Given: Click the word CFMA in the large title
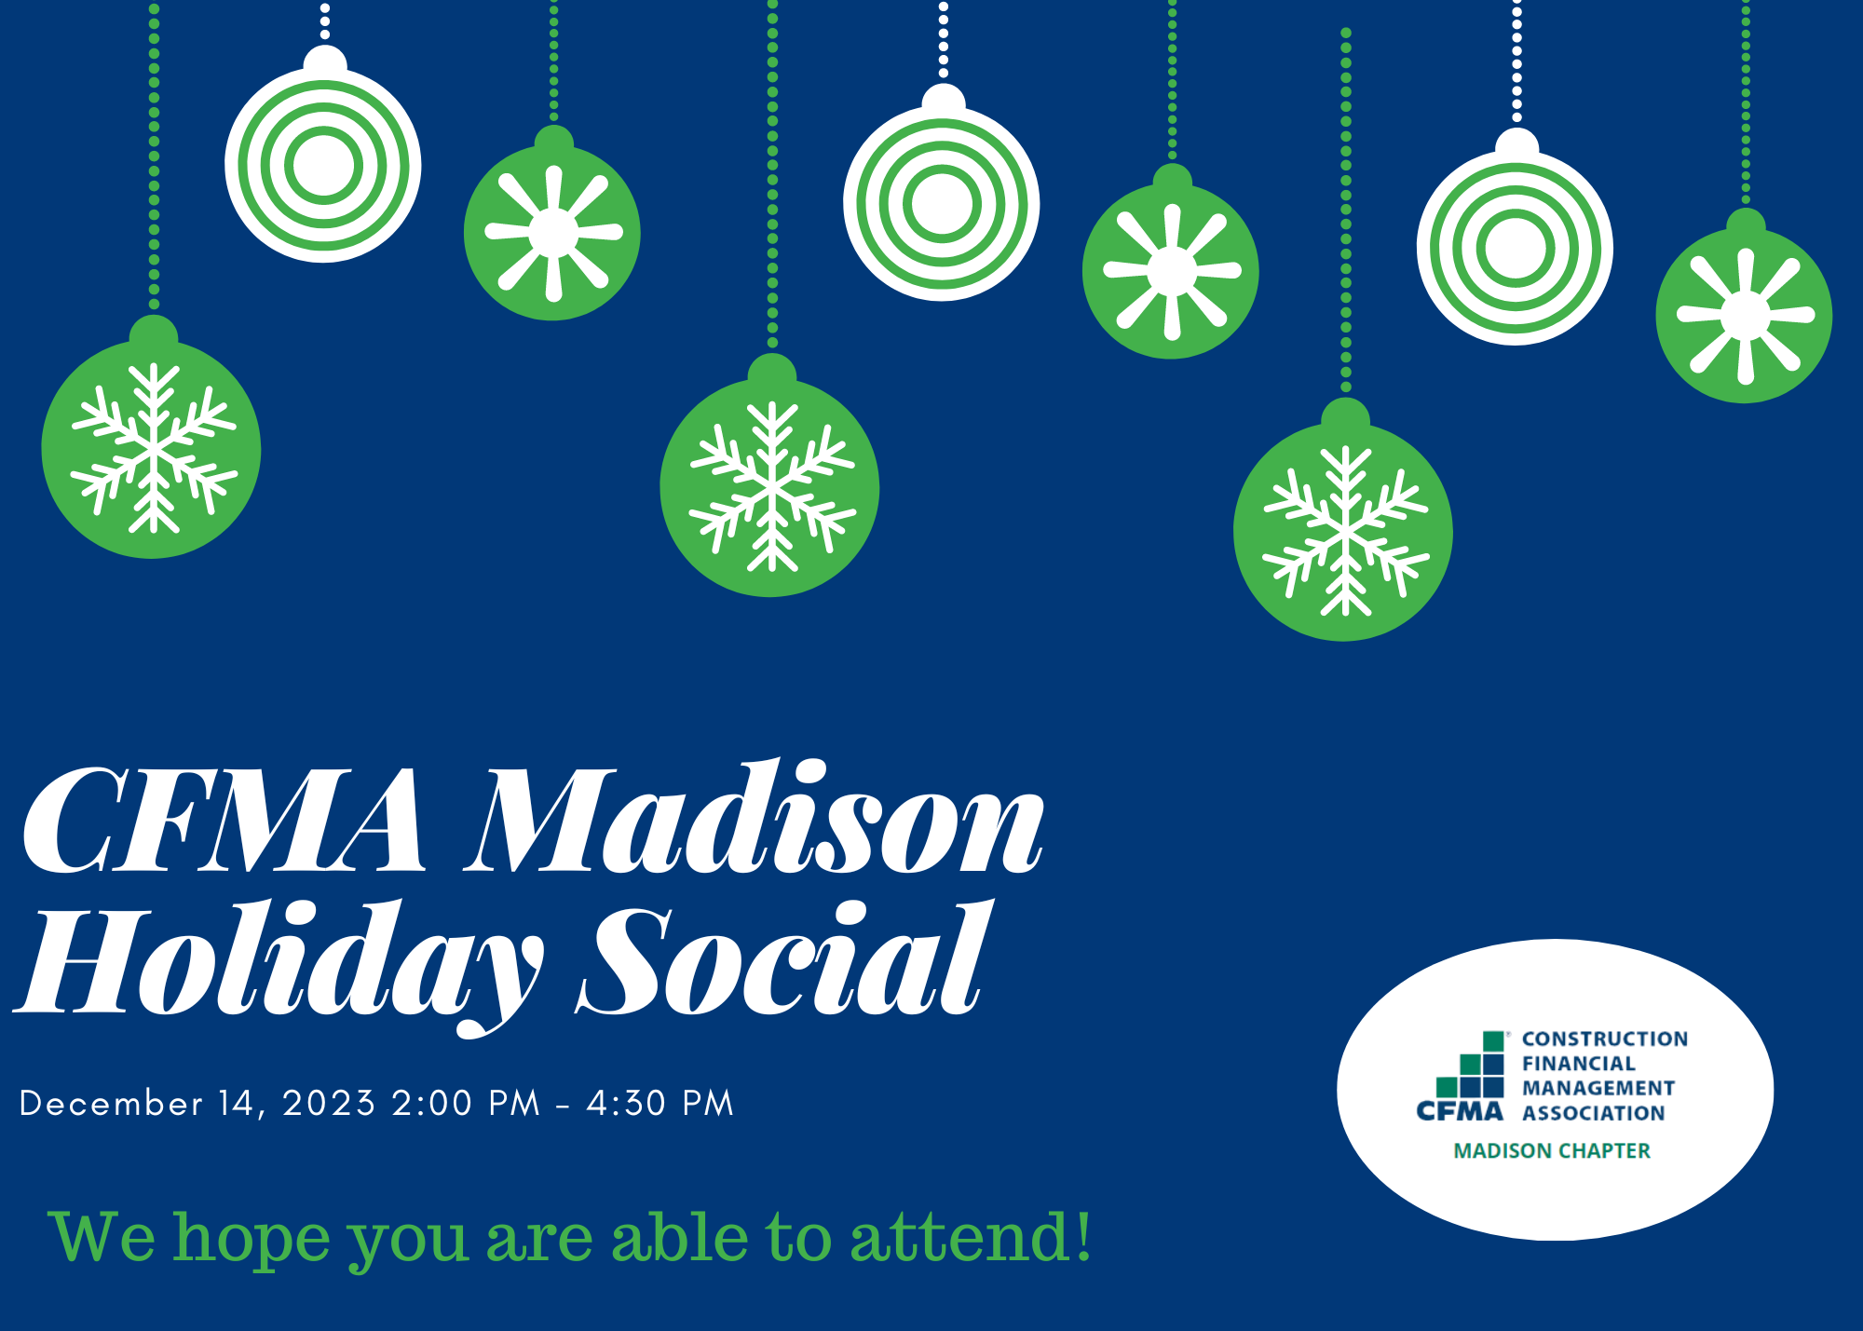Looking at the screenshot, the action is click(224, 821).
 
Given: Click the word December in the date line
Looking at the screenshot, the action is click(111, 1104).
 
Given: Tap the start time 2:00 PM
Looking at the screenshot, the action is click(466, 1104).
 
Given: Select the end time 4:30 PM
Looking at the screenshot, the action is click(660, 1104).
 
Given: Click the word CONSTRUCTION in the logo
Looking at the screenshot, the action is click(1605, 1039).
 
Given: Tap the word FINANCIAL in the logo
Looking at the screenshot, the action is click(1579, 1064).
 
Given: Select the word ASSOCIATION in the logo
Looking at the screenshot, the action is click(1594, 1113).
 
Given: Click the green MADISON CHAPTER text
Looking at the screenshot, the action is click(1552, 1151).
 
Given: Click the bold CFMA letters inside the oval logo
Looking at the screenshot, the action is click(1460, 1111).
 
